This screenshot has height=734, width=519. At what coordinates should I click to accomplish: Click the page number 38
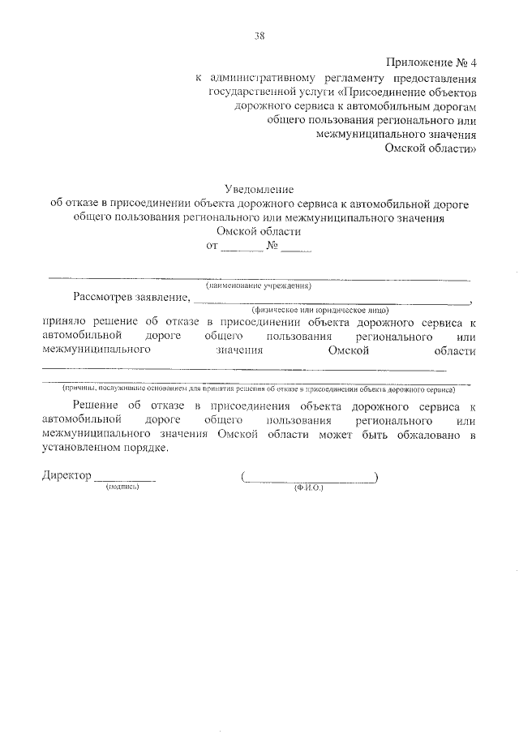tap(259, 35)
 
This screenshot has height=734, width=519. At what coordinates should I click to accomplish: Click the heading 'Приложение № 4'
tap(430, 62)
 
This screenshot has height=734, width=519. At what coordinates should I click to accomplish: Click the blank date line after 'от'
tap(242, 249)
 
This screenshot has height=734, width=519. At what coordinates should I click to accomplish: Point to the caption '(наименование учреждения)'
tap(259, 285)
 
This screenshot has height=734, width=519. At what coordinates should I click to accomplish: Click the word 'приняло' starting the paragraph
tap(62, 321)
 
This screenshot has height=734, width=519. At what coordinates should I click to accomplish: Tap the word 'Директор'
tap(66, 476)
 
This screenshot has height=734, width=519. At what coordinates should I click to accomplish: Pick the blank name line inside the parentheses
tap(309, 480)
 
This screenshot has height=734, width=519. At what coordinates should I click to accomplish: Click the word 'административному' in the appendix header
tap(255, 79)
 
